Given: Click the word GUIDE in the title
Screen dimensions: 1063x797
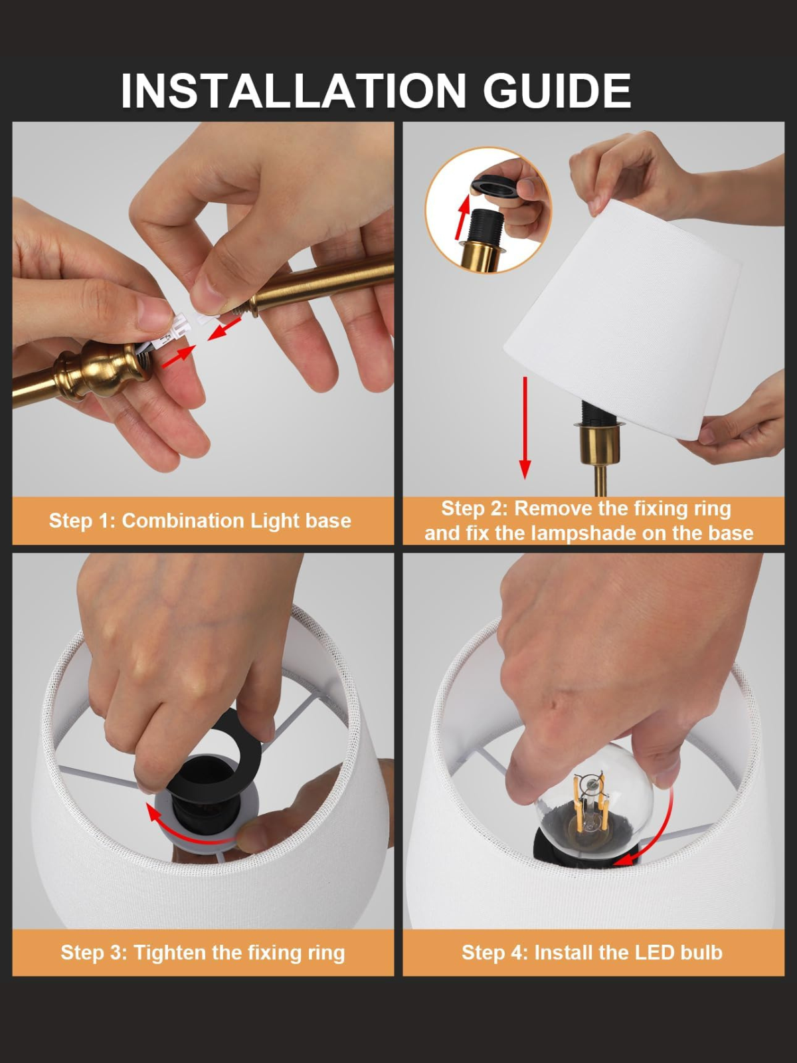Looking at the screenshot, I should [557, 91].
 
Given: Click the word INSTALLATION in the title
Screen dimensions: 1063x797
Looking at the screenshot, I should [294, 91].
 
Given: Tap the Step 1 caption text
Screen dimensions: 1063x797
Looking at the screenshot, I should [199, 520].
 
